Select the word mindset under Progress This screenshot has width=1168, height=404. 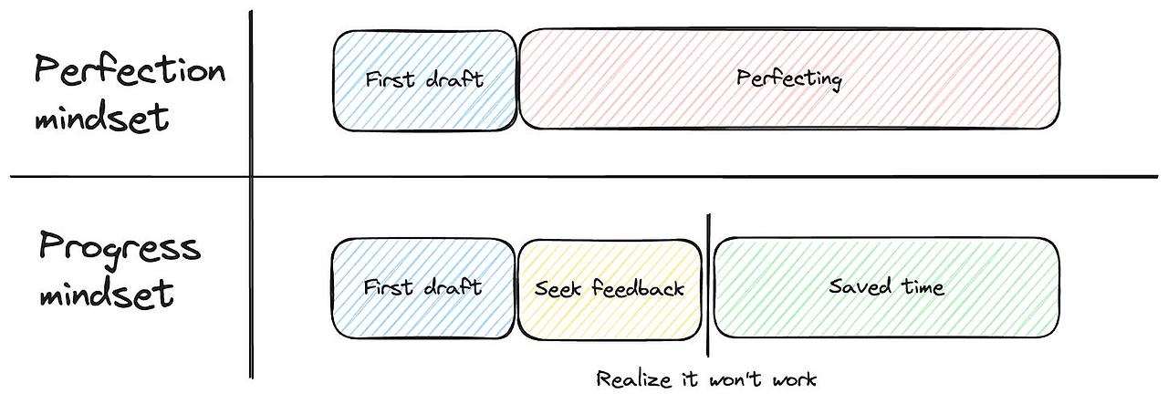point(105,293)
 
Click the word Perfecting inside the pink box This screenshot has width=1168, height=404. point(789,78)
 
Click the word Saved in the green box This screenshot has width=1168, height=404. point(857,286)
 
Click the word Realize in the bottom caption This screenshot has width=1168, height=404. point(625,378)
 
